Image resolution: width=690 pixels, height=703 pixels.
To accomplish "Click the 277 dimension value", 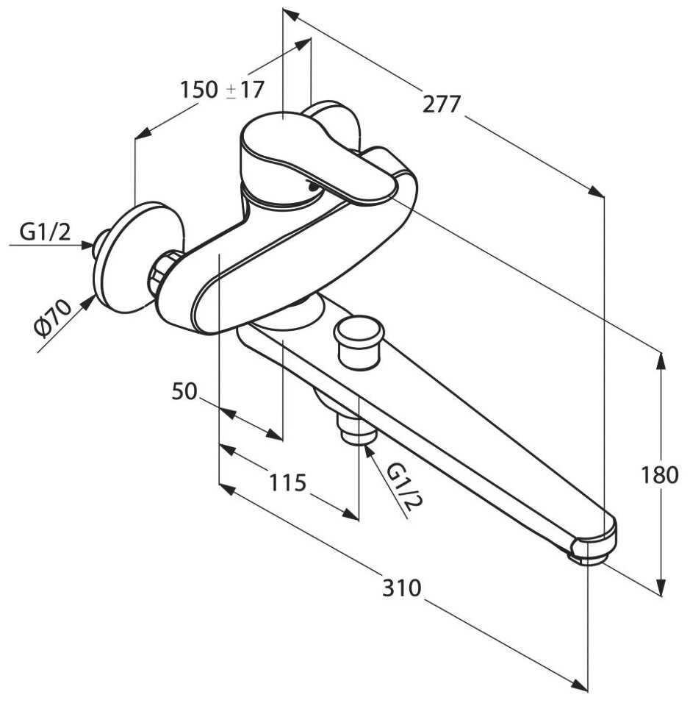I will click(x=442, y=104).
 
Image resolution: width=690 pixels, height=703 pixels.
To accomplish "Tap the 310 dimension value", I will click(x=402, y=588).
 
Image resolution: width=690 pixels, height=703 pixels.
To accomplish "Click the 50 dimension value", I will click(x=184, y=392).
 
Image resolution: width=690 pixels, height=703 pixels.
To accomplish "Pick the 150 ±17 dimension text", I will click(x=222, y=90).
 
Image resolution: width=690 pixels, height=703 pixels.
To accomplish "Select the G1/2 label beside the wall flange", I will click(x=45, y=232).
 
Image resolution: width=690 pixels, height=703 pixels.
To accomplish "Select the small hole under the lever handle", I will click(x=314, y=188).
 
